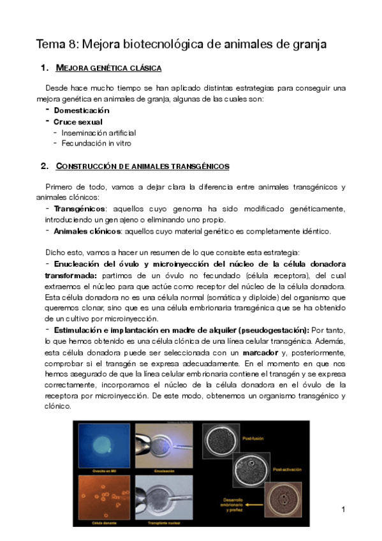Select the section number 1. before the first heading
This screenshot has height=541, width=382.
click(45, 68)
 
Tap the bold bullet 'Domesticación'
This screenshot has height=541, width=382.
click(81, 110)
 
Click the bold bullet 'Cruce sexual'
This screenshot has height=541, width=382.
click(78, 121)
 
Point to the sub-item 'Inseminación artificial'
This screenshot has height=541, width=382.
click(98, 133)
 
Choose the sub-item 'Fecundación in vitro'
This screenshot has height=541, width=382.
click(96, 144)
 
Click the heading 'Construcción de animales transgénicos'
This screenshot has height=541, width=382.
click(142, 167)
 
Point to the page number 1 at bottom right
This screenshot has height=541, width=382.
click(343, 509)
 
